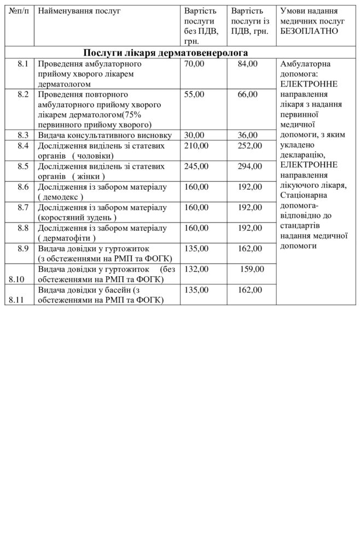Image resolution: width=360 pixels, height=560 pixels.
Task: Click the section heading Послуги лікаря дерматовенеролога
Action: pyautogui.click(x=166, y=52)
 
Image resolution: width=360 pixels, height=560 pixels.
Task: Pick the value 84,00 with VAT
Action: pyautogui.click(x=248, y=65)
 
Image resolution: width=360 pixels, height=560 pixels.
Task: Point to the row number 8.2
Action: pyautogui.click(x=22, y=95)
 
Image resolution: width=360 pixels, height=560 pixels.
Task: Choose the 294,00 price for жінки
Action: pyautogui.click(x=250, y=166)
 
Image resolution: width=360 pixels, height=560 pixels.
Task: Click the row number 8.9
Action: pyautogui.click(x=22, y=248)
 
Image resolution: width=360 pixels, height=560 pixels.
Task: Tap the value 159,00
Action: pyautogui.click(x=252, y=269)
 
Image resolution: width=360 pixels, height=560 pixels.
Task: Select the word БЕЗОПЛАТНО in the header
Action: pyautogui.click(x=309, y=31)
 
